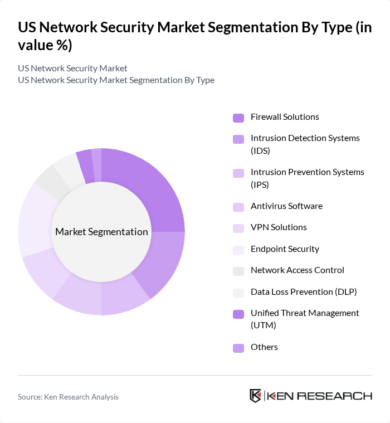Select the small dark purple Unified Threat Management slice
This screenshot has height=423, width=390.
(85, 166)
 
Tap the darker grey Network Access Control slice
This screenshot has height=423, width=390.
(49, 181)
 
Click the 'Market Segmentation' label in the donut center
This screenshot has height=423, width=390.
(101, 232)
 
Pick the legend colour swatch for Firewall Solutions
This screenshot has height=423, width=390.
(238, 118)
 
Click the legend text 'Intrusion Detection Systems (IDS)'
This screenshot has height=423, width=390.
(305, 144)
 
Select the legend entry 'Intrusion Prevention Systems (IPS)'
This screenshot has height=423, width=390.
(307, 178)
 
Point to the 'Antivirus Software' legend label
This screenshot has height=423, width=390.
(286, 206)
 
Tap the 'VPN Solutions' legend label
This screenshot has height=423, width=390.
(279, 227)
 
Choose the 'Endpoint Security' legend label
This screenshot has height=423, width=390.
(285, 249)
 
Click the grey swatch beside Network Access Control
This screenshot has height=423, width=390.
(238, 271)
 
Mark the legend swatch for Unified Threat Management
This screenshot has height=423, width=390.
(238, 314)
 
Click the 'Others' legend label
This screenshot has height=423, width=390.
(264, 347)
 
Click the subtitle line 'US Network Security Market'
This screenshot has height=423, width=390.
(72, 68)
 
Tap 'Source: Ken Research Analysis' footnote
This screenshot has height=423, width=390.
(68, 397)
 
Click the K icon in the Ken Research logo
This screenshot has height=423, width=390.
(255, 396)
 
